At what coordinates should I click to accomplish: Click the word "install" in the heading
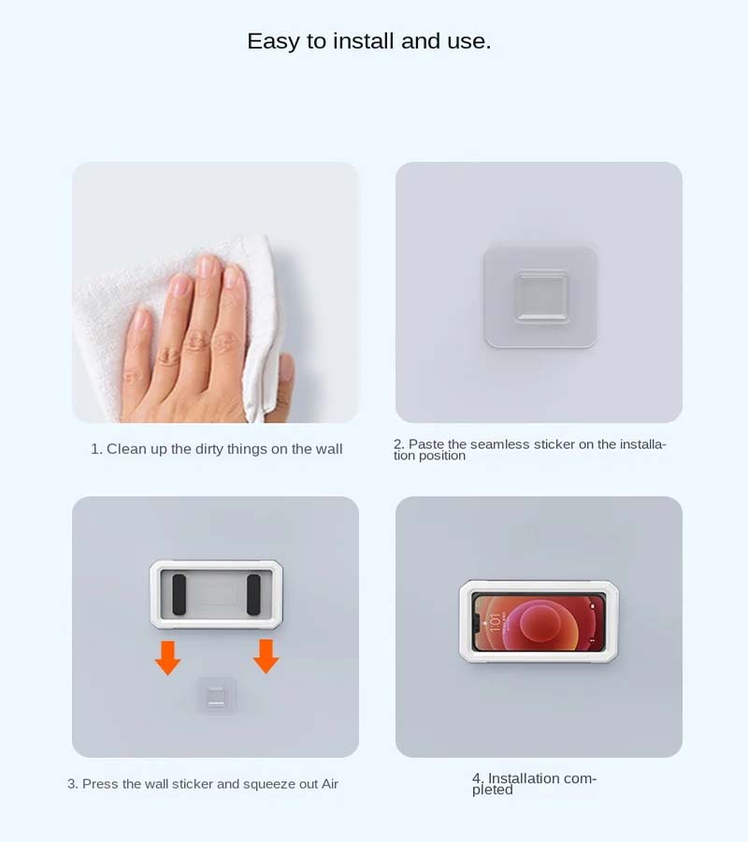click(364, 41)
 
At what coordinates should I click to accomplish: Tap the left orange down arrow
click(168, 658)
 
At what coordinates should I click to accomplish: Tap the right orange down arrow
click(266, 656)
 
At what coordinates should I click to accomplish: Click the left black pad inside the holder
click(180, 594)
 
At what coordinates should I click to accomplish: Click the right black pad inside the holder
click(253, 594)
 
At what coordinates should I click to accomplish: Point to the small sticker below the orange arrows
click(217, 696)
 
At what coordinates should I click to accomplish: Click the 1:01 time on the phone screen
click(495, 622)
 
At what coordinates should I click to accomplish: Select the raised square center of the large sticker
click(541, 297)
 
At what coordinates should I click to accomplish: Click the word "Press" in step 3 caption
click(100, 784)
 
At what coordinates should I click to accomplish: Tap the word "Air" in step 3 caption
click(330, 784)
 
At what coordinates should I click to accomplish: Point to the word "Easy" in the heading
click(273, 42)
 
